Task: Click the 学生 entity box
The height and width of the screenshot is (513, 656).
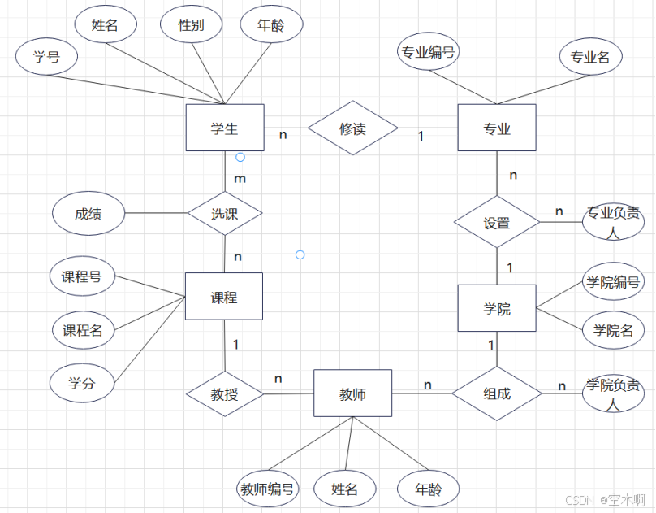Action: [x=224, y=128]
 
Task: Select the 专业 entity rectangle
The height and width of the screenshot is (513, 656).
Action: [x=497, y=128]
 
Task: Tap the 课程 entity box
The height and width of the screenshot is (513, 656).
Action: [x=224, y=297]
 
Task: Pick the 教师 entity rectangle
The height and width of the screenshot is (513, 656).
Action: [x=352, y=394]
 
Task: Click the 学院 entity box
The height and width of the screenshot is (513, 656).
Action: [x=497, y=308]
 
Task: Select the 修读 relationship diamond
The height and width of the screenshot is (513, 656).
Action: [x=352, y=128]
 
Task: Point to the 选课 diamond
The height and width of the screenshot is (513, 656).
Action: [x=225, y=214]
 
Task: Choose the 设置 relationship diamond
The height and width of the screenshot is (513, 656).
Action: [x=497, y=223]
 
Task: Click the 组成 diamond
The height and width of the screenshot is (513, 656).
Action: [x=497, y=393]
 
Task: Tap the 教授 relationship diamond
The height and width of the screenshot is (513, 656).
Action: [x=225, y=394]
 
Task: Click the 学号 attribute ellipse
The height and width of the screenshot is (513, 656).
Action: [x=46, y=57]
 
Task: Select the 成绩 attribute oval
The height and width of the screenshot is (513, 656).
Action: [x=88, y=215]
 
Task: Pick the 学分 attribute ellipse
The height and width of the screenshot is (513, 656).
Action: [x=81, y=383]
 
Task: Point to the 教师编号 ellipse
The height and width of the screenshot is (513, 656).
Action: [x=267, y=489]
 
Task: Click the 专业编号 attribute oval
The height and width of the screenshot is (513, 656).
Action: [x=428, y=53]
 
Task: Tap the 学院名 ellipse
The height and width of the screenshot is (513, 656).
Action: [x=613, y=330]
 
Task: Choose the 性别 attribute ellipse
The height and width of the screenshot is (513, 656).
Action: [x=192, y=25]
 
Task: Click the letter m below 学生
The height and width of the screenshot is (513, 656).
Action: [x=240, y=177]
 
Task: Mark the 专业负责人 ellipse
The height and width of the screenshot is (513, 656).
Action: [x=613, y=222]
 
